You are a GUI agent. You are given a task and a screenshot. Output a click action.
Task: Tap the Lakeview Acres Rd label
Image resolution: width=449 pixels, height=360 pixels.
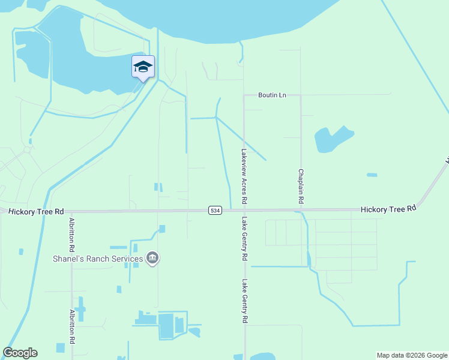coord(244,175)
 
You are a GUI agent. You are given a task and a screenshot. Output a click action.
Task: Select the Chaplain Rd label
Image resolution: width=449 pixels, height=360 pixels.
coord(301,184)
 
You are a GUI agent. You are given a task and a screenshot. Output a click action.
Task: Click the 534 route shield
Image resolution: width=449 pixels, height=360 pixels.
coord(215,210)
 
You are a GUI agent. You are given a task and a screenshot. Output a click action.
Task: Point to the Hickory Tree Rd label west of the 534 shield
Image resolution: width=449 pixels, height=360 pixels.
coord(36,211)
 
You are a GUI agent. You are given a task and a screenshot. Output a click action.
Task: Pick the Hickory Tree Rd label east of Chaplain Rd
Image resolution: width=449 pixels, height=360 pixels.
coord(388,209)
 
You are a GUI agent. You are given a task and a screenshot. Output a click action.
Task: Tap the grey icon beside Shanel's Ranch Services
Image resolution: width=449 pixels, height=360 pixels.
coord(153,259)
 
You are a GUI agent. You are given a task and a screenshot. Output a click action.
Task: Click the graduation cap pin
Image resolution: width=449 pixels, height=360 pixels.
coord(143,67)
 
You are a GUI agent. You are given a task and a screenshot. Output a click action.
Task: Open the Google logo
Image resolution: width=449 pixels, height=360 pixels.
coord(20,353)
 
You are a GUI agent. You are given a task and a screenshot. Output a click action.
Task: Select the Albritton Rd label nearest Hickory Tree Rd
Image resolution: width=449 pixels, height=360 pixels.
coord(72,234)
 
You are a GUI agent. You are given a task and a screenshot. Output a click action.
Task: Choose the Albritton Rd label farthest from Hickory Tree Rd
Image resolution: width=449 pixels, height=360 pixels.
coord(72,326)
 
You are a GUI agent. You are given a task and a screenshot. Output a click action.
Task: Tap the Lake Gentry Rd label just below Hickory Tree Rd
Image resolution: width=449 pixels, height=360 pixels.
coord(244,238)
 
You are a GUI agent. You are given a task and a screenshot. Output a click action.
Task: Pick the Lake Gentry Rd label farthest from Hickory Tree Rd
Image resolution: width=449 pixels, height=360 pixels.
coord(244,301)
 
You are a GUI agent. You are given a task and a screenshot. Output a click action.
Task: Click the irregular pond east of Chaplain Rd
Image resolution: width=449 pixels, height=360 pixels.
coord(331,139)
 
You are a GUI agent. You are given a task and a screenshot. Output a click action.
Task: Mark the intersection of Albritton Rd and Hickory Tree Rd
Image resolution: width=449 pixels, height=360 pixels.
coord(72,211)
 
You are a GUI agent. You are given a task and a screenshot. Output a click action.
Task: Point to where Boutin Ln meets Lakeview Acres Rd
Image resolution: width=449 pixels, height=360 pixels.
coord(244,95)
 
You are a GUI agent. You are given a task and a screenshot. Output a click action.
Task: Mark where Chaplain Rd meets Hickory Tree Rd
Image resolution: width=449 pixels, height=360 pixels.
coord(300,210)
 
